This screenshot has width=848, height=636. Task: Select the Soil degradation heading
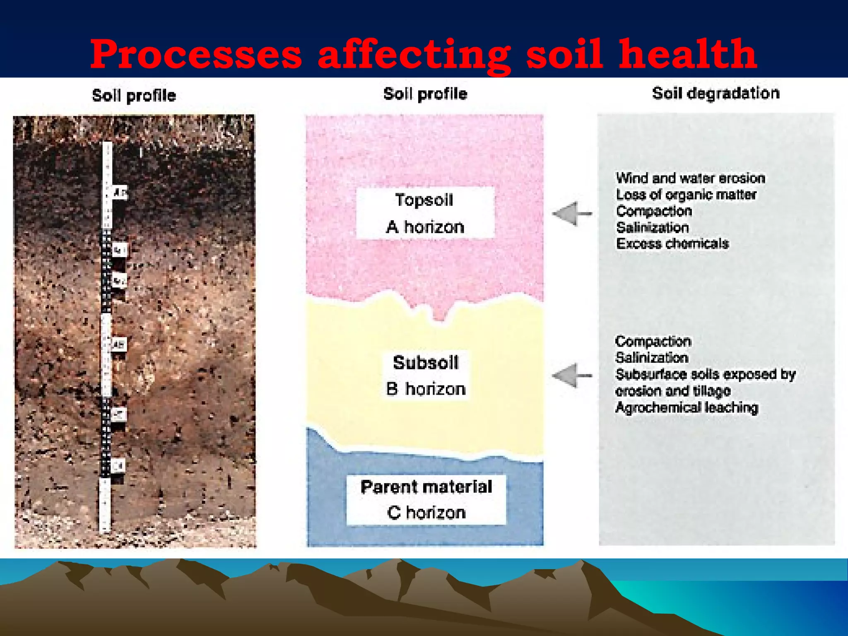pyautogui.click(x=715, y=94)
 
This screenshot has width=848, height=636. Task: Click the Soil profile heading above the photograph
pyautogui.click(x=134, y=96)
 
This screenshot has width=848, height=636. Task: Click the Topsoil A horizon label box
pyautogui.click(x=425, y=213)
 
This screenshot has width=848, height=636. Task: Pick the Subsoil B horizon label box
pyautogui.click(x=426, y=375)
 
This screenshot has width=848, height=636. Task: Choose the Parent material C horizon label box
pyautogui.click(x=426, y=500)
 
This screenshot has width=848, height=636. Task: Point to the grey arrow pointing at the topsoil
pyautogui.click(x=571, y=214)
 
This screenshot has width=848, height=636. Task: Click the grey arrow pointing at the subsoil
pyautogui.click(x=571, y=376)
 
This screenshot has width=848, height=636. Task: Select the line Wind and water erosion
pyautogui.click(x=690, y=178)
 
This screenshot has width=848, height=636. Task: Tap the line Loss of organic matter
pyautogui.click(x=686, y=195)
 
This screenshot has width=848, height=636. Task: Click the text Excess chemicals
pyautogui.click(x=672, y=243)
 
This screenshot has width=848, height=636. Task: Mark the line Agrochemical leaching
pyautogui.click(x=687, y=407)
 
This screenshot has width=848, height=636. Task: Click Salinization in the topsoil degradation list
pyautogui.click(x=652, y=227)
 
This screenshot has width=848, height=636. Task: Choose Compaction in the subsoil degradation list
pyautogui.click(x=653, y=342)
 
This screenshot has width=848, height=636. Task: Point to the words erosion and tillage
pyautogui.click(x=672, y=391)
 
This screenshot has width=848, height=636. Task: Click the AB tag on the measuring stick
pyautogui.click(x=119, y=344)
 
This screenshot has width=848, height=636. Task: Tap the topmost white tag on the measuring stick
pyautogui.click(x=120, y=193)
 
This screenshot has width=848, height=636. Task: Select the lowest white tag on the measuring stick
pyautogui.click(x=118, y=466)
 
